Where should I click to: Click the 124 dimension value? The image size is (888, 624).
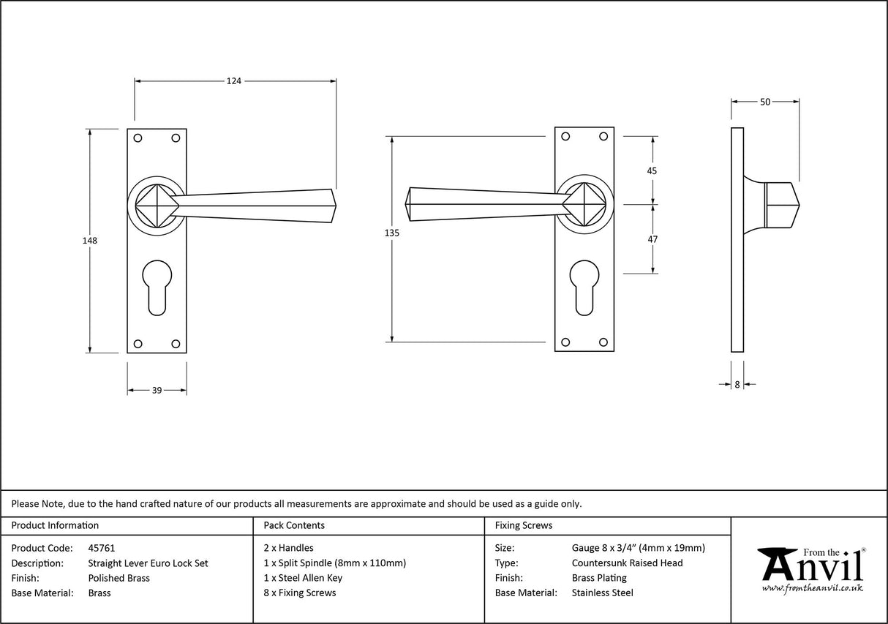[233, 81]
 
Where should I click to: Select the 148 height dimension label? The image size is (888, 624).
[90, 240]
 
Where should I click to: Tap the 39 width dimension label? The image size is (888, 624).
[157, 391]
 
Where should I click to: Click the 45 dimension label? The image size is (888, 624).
[652, 170]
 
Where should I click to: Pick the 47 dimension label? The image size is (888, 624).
[652, 239]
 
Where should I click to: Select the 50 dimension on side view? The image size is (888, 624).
[765, 102]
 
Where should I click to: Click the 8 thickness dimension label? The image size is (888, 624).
[737, 384]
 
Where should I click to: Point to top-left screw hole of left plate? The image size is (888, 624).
[138, 137]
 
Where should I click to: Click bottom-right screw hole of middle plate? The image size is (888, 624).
[603, 342]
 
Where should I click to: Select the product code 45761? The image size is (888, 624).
[101, 547]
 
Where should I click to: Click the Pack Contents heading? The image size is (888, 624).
[294, 525]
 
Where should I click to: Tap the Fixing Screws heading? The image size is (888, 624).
[524, 525]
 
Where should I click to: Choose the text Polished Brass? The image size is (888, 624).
[118, 578]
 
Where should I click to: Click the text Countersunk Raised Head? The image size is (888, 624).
[627, 563]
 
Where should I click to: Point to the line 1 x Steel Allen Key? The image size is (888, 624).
[303, 578]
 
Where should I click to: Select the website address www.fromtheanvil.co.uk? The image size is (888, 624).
[812, 588]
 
